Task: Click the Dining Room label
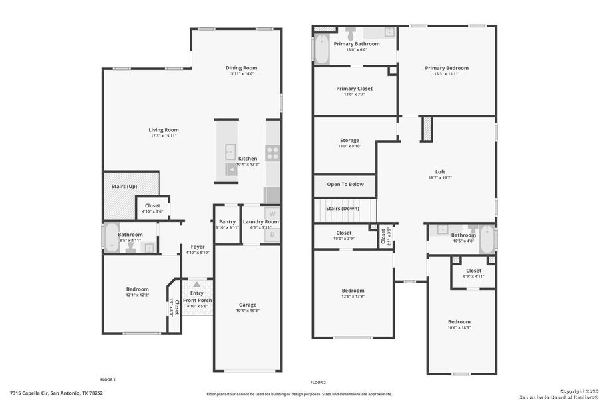242,67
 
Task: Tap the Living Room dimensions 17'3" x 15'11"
163,136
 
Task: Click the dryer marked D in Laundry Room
272,235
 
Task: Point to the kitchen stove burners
272,153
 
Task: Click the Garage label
247,305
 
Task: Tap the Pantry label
227,221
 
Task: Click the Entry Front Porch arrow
197,284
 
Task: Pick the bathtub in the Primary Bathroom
321,50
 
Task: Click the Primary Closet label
354,88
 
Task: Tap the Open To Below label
345,185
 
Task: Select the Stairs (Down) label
343,209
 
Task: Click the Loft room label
440,171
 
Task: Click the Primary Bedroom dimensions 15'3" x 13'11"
447,74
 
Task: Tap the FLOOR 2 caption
317,382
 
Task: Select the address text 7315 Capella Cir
33,393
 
